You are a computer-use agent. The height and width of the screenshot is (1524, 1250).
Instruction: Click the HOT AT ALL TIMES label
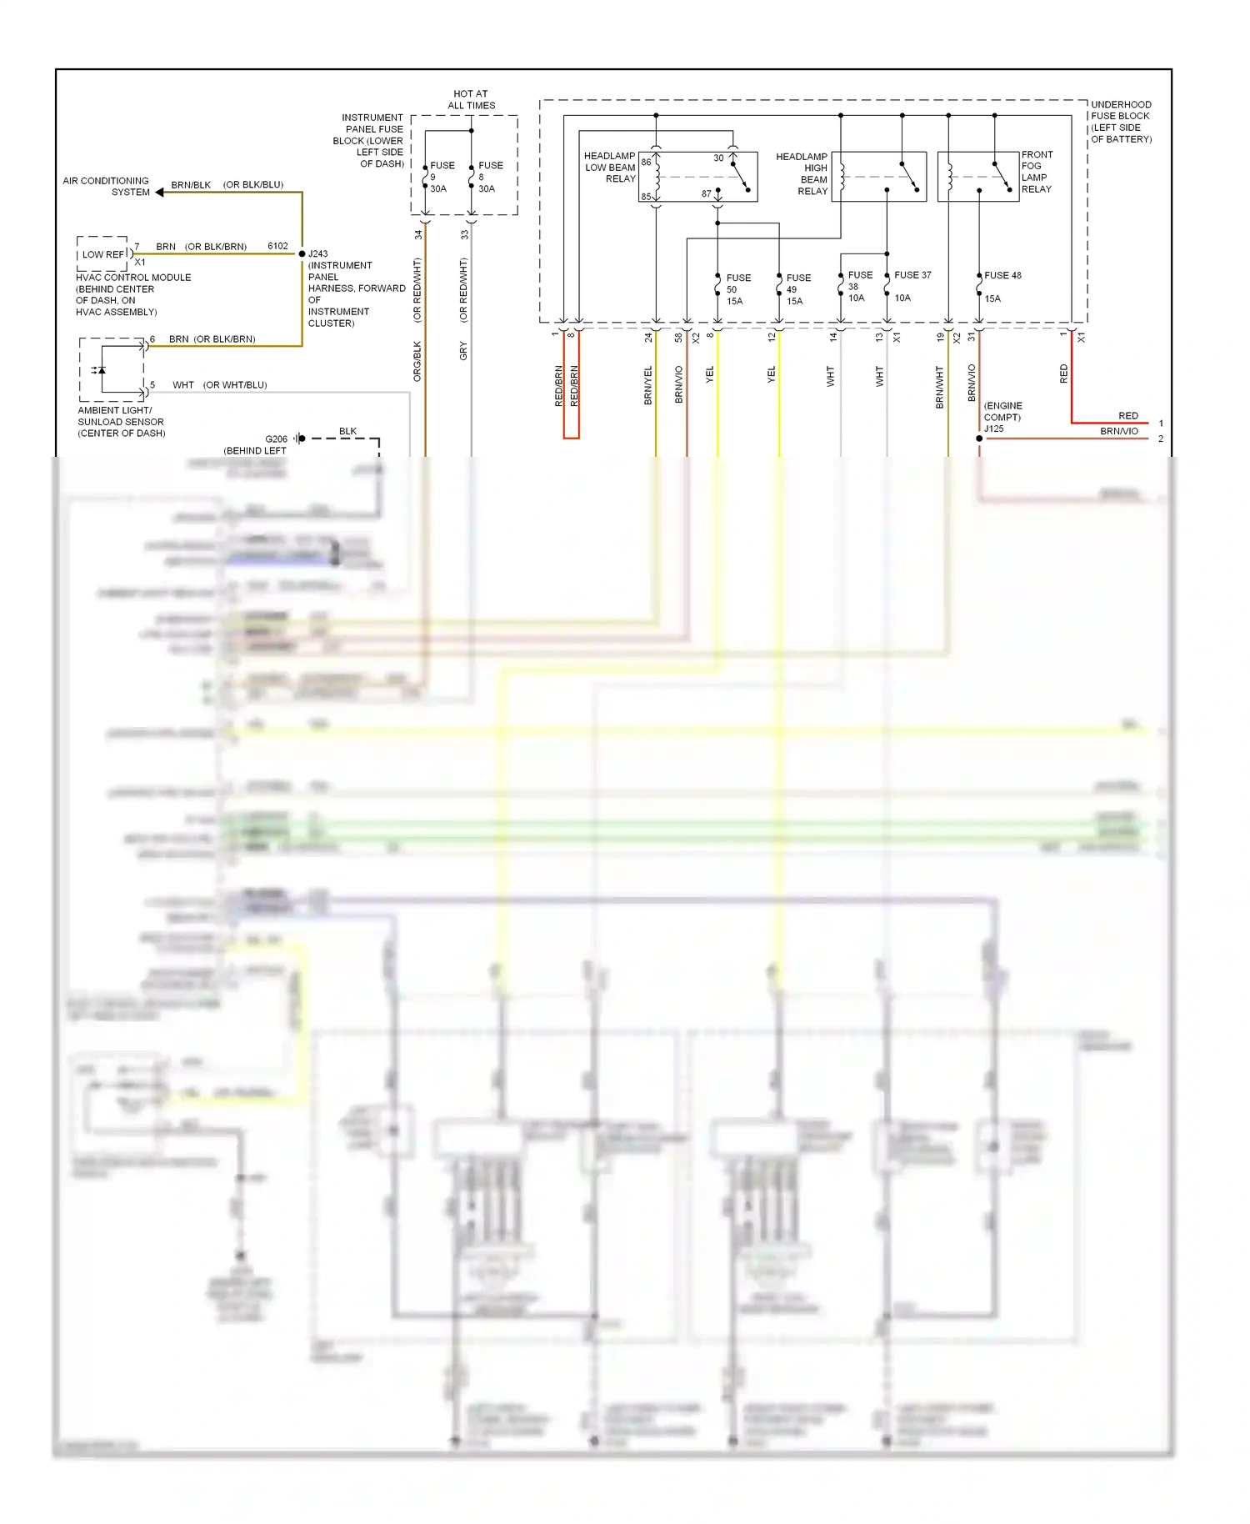[x=471, y=100]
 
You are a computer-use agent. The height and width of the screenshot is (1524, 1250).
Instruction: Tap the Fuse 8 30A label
[x=489, y=177]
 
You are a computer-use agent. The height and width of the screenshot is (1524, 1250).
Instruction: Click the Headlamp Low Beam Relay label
[x=610, y=168]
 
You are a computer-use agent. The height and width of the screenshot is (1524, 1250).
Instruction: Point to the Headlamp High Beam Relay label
[x=802, y=173]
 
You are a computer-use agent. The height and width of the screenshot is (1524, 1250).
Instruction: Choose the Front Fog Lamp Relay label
[x=1037, y=172]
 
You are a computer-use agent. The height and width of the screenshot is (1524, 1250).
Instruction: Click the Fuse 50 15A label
[x=737, y=289]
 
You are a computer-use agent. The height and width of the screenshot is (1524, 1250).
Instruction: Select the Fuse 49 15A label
[x=797, y=289]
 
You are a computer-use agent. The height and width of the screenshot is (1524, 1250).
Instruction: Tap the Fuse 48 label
[x=1002, y=276]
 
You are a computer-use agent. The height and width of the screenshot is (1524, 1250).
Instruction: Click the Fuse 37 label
[x=912, y=275]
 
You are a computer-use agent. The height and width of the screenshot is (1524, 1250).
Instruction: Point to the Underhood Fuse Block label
[x=1121, y=122]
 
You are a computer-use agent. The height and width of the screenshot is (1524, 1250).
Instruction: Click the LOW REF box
[x=102, y=254]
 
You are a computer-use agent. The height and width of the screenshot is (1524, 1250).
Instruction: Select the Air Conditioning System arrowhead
[x=159, y=193]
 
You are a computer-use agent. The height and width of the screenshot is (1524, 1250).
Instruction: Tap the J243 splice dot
[x=302, y=253]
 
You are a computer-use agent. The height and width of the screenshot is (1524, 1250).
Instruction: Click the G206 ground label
[x=276, y=439]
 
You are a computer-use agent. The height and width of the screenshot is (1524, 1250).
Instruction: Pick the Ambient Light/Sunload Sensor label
[x=121, y=422]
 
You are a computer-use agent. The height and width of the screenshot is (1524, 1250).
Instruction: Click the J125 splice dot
[x=979, y=439]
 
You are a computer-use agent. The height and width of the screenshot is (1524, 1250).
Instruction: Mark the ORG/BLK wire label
[x=417, y=362]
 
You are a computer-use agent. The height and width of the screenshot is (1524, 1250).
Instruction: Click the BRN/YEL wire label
[x=647, y=386]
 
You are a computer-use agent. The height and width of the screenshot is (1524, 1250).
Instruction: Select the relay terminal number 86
[x=646, y=163]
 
